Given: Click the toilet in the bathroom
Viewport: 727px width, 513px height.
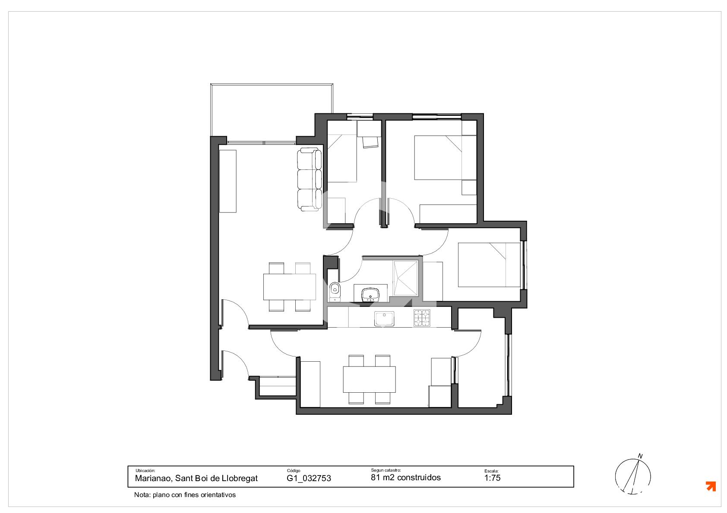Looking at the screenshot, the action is (335, 292).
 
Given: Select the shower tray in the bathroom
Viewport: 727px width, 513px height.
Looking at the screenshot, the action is (405, 278).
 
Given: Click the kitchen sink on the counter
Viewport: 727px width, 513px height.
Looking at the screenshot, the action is (384, 319).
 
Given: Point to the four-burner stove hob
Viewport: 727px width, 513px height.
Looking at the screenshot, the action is (422, 318).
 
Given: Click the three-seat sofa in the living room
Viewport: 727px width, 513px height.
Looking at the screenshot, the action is (309, 179).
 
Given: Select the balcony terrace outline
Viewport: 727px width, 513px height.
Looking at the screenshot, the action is (272, 84).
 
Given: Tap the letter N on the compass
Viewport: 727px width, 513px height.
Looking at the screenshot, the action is (640, 456).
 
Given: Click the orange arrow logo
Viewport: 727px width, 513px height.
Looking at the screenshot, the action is (711, 486).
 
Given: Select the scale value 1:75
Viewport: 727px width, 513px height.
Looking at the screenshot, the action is (492, 478).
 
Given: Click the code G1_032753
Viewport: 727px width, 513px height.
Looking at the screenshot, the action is (309, 479).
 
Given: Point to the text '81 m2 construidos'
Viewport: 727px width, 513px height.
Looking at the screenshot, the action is (406, 477).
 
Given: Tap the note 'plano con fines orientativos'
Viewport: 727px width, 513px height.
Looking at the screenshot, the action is (194, 495).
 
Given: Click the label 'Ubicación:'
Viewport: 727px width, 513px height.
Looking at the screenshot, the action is (145, 471).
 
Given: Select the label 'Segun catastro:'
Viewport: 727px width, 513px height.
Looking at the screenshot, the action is (386, 470).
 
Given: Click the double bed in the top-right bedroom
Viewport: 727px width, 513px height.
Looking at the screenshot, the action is (438, 157).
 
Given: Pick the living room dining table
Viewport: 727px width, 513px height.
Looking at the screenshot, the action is (290, 287).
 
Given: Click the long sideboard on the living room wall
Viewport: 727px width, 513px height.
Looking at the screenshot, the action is (228, 181).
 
